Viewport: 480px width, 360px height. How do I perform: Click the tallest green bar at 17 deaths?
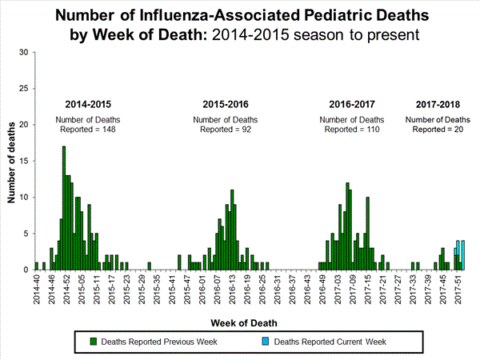(x=64, y=208)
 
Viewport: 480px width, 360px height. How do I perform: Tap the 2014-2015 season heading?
(x=89, y=105)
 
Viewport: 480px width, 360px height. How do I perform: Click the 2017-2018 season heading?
(x=438, y=105)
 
